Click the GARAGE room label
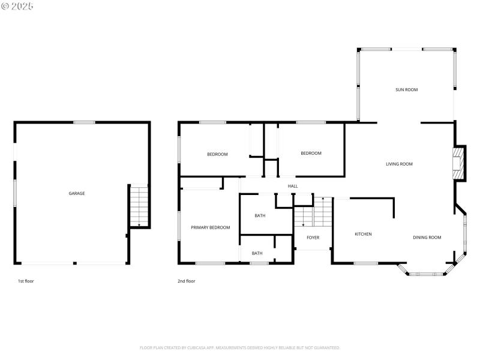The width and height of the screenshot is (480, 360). pyautogui.click(x=76, y=194)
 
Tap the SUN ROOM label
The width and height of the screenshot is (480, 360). pyautogui.click(x=406, y=90)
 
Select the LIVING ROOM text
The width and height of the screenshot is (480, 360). pyautogui.click(x=399, y=164)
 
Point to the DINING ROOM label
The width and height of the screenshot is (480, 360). pyautogui.click(x=427, y=238)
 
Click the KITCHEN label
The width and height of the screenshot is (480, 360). pyautogui.click(x=363, y=234)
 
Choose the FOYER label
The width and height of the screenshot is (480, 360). pyautogui.click(x=313, y=238)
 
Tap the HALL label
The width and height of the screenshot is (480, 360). pyautogui.click(x=293, y=186)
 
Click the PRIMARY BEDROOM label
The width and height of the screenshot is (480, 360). pyautogui.click(x=210, y=227)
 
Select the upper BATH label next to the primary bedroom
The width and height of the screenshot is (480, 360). pyautogui.click(x=260, y=215)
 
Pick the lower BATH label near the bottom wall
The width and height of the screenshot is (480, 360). pyautogui.click(x=257, y=253)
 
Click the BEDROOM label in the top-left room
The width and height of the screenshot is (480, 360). pyautogui.click(x=217, y=154)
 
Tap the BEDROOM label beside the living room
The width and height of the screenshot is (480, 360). pyautogui.click(x=311, y=153)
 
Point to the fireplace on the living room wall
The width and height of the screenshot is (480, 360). pyautogui.click(x=459, y=163)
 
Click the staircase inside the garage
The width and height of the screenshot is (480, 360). pyautogui.click(x=139, y=206)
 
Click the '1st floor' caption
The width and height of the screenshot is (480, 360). pyautogui.click(x=26, y=281)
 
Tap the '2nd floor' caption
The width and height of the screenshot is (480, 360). pyautogui.click(x=186, y=281)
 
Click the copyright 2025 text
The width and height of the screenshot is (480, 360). pyautogui.click(x=18, y=6)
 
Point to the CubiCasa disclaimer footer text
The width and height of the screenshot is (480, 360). pyautogui.click(x=240, y=347)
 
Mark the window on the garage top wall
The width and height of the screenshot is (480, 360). pyautogui.click(x=84, y=122)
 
